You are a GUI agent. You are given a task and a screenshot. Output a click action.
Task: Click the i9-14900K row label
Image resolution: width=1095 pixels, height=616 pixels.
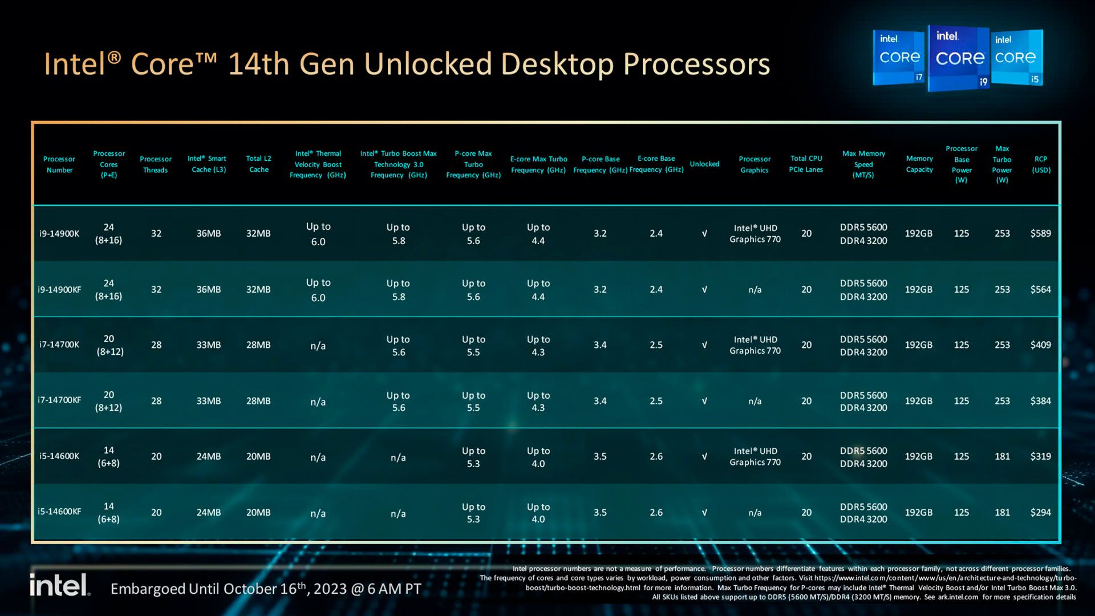(59, 234)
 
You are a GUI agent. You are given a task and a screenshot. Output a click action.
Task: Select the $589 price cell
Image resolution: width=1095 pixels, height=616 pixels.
(1040, 233)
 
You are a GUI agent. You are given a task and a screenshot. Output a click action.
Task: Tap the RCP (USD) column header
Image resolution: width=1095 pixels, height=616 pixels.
(1041, 164)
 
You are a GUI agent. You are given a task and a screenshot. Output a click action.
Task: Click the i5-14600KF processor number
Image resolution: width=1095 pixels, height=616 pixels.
(59, 512)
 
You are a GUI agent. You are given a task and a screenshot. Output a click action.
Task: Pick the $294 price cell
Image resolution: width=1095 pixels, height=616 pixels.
(1040, 512)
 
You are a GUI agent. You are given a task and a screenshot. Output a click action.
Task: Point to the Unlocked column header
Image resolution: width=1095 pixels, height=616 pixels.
(704, 164)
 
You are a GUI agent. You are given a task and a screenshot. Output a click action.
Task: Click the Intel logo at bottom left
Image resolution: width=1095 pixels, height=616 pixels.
(59, 586)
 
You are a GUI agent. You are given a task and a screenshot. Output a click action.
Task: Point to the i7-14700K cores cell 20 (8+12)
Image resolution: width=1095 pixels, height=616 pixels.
(109, 345)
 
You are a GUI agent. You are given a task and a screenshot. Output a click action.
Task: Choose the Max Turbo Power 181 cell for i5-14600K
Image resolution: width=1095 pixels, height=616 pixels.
(1002, 456)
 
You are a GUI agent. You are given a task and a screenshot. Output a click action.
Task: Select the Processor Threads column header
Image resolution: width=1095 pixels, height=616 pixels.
(156, 164)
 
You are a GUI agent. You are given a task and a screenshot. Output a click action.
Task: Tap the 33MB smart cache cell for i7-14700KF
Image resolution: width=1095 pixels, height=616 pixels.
(208, 401)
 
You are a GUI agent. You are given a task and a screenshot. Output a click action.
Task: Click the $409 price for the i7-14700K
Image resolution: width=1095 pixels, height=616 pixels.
(1040, 345)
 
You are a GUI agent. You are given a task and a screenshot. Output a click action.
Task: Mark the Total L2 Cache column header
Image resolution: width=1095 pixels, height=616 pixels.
(258, 164)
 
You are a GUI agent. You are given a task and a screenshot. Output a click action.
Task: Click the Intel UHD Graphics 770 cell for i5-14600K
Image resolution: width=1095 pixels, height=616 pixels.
(755, 456)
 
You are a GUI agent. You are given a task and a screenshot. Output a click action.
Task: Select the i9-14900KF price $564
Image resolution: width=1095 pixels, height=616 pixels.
(1040, 289)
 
